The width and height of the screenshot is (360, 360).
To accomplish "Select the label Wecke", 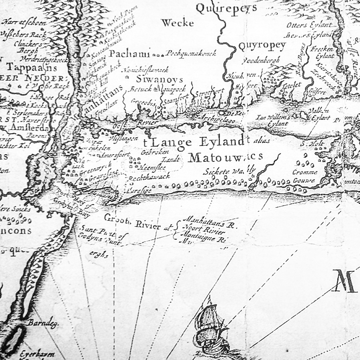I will pos(177,23).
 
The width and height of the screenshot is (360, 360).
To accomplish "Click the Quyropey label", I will pos(262,46).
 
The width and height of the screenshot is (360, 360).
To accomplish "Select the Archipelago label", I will pos(218,119).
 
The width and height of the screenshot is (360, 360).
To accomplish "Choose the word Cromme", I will pos(304,172).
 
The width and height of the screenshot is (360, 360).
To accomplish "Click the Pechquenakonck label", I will pos(192,53).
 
